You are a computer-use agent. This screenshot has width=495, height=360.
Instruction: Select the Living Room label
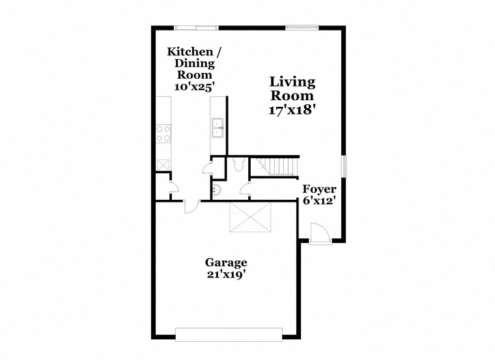pos(292,89)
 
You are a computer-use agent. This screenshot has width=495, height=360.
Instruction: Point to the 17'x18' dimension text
pos(292,111)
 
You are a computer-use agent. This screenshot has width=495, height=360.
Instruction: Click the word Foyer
pos(319,189)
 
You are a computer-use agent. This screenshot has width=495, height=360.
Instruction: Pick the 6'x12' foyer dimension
pos(319,201)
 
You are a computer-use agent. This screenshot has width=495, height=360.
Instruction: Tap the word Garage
pos(226,263)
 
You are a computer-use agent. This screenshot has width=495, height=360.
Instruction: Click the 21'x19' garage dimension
pos(226,275)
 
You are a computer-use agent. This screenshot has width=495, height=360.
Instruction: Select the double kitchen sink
pos(218,128)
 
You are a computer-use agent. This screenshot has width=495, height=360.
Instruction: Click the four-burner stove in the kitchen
pos(163,133)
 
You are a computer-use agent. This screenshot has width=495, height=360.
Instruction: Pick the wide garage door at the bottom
pos(229,334)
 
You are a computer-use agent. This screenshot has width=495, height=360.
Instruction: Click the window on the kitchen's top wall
pos(195,27)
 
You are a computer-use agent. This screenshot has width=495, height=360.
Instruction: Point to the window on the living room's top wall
pos(302,27)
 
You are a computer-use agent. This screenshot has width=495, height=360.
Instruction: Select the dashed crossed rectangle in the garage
pos(250,217)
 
